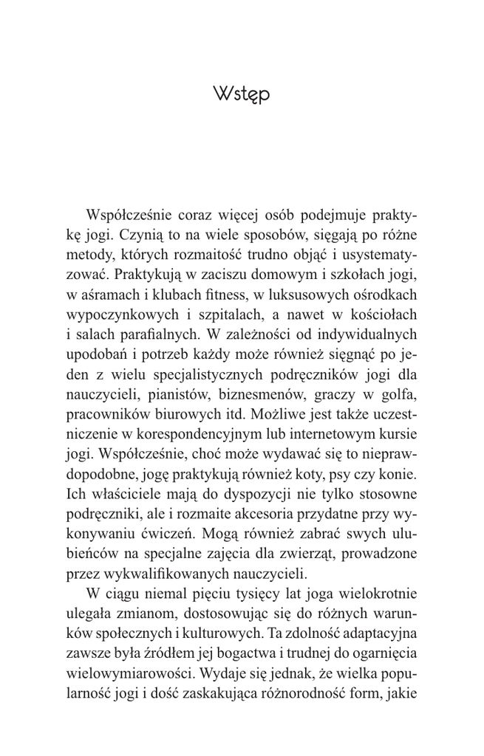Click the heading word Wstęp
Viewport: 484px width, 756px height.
[x=242, y=94]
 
